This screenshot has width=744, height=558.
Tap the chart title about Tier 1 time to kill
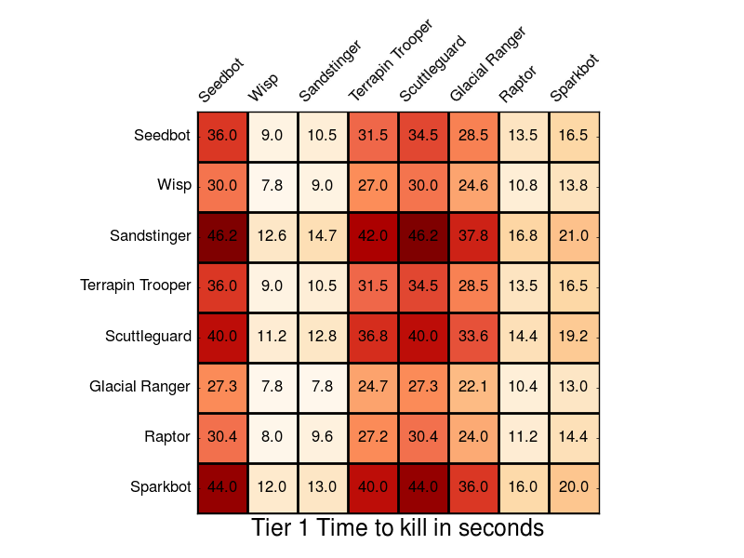tap(397, 528)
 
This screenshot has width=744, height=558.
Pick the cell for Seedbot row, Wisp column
tap(272, 136)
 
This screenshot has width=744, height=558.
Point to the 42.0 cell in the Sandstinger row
tap(373, 236)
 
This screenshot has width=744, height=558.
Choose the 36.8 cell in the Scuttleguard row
tap(373, 337)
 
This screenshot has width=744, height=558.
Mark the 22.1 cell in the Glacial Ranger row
tap(473, 387)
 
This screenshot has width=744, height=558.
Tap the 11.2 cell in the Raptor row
tap(524, 437)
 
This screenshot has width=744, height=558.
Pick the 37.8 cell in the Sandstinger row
tap(473, 236)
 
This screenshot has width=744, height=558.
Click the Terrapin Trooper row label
tap(136, 286)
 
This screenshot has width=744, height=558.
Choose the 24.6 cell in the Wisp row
tap(473, 186)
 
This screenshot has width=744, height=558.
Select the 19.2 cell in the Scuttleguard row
tap(574, 337)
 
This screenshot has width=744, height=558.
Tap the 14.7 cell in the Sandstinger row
tap(323, 236)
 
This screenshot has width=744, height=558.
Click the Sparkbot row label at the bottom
tap(161, 486)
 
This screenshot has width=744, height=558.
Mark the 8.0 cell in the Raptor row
tap(272, 437)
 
